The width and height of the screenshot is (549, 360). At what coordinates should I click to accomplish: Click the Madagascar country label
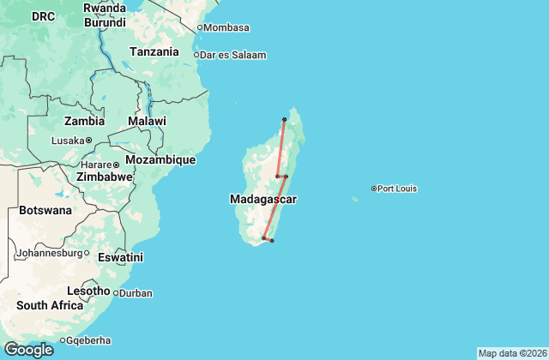[263, 200]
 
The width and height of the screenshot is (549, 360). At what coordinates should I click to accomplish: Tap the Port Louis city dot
[374, 189]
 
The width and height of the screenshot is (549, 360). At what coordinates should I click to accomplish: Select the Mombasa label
[227, 27]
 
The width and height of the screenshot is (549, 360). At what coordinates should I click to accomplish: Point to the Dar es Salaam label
[233, 55]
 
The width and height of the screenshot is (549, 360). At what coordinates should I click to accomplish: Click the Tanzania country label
[154, 51]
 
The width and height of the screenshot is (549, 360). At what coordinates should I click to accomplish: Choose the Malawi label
[147, 122]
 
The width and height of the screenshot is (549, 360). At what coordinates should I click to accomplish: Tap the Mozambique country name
[160, 159]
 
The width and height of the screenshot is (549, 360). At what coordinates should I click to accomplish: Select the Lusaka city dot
[88, 141]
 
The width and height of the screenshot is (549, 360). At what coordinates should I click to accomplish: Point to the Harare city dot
[117, 164]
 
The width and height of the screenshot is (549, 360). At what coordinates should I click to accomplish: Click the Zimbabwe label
[105, 177]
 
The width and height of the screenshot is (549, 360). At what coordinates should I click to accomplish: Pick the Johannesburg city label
[50, 253]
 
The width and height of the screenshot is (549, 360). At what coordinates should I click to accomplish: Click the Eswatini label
[120, 257]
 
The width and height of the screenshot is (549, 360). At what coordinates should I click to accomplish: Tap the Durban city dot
[115, 293]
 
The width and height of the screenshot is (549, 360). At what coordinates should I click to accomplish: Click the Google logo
[29, 349]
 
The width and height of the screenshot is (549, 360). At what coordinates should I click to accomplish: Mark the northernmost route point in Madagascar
[284, 119]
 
